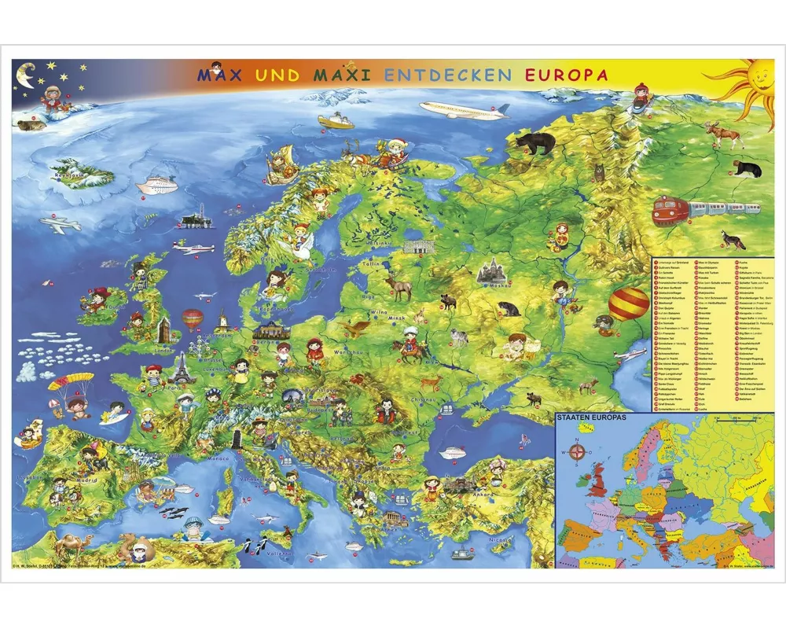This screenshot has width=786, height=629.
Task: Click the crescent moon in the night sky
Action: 26,75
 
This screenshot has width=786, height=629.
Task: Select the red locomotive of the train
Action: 670,210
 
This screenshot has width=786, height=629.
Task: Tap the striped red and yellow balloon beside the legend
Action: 628,303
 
